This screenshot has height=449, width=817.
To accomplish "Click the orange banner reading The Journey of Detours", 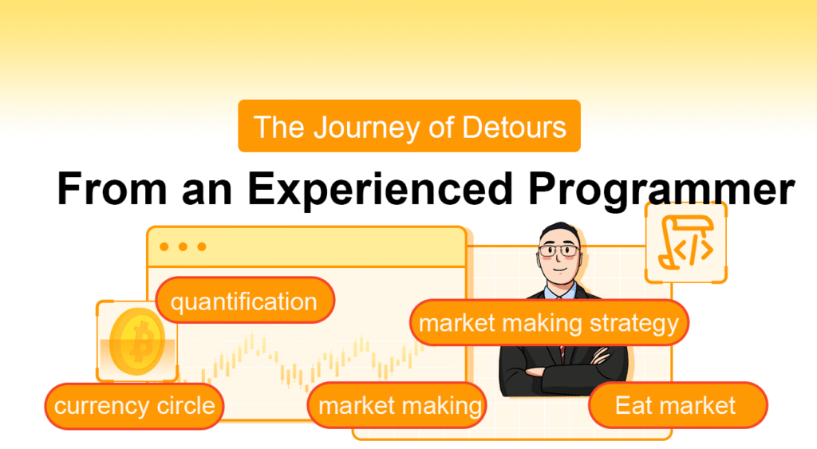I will [x=409, y=126].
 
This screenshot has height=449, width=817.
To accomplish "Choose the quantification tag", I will [x=244, y=301].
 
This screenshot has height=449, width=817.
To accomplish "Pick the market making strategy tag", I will [x=548, y=323].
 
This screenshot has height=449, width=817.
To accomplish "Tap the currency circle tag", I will [x=134, y=405].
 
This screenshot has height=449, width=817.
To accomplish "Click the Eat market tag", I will [x=676, y=405].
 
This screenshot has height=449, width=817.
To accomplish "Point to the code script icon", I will [x=685, y=242].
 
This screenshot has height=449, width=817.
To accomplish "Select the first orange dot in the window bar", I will [x=164, y=246].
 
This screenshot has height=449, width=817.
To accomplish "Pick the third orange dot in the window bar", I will [x=201, y=246].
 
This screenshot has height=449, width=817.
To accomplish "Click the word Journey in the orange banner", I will [x=345, y=127].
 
